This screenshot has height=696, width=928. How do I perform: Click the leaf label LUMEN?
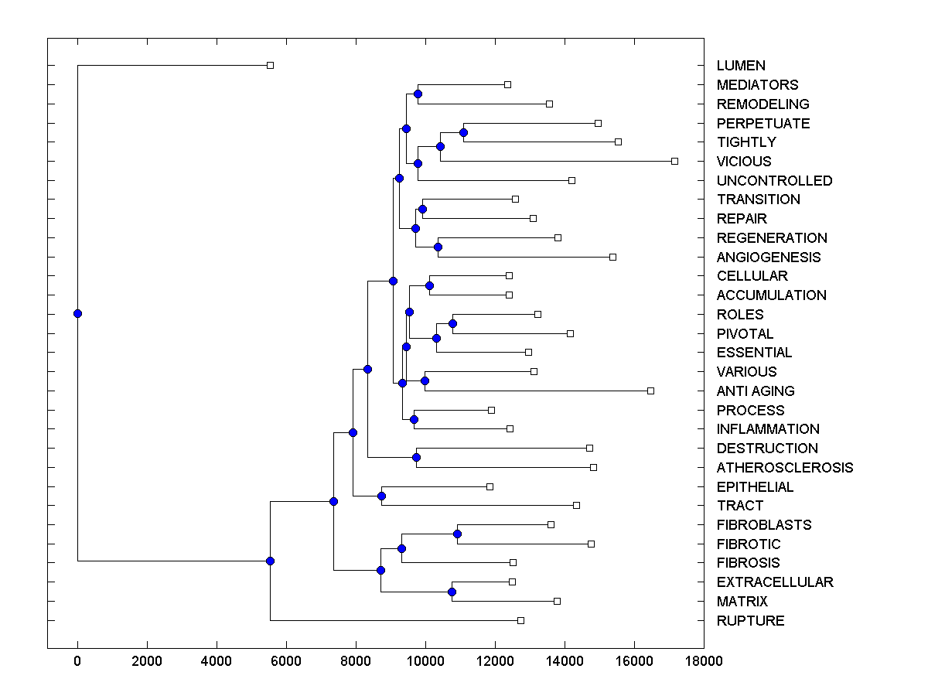741,66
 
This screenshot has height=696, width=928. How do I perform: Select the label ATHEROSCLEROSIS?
785,468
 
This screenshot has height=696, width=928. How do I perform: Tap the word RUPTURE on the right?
750,621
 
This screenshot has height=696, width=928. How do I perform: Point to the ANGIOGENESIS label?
769,258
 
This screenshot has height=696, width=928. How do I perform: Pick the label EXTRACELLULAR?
775,582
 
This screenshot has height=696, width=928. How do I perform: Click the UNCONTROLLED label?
774,181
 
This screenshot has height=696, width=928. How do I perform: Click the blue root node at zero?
77,313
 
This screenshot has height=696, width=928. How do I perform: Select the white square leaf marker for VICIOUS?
674,161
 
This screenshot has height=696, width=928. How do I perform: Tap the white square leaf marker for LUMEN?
270,65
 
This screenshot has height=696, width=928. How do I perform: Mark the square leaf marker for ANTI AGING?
650,391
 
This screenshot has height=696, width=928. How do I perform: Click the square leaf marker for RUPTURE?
520,620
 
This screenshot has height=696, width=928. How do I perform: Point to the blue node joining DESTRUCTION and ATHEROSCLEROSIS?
416,457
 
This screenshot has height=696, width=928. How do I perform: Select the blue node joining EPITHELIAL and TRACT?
381,496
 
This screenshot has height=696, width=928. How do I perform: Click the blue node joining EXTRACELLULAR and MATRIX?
452,592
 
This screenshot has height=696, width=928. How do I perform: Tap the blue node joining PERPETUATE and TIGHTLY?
463,132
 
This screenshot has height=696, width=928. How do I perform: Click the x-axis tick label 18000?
704,661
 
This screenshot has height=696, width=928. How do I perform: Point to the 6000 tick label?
286,661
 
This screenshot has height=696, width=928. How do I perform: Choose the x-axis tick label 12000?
495,661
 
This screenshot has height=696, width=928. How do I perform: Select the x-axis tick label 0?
77,661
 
